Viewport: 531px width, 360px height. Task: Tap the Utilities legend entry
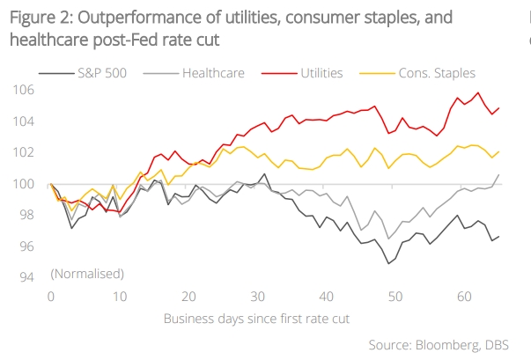click(x=321, y=73)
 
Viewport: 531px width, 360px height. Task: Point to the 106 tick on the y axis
click(x=24, y=90)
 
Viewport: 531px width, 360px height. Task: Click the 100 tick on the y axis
click(x=24, y=184)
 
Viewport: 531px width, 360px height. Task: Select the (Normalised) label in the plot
click(x=87, y=274)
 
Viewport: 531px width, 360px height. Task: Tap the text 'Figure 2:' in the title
click(x=38, y=18)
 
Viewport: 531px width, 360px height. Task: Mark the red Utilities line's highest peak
click(x=478, y=92)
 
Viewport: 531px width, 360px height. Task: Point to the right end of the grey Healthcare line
click(x=498, y=174)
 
